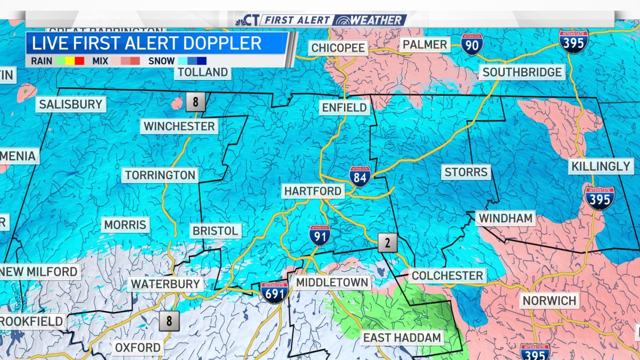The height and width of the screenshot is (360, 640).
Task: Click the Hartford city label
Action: (313, 191)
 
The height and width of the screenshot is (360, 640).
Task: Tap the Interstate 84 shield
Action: (361, 176)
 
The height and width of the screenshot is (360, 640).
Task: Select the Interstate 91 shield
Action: (319, 235)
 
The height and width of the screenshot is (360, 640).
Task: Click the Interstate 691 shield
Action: (275, 293)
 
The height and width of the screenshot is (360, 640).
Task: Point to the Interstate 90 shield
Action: (473, 44)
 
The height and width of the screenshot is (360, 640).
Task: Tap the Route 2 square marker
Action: (388, 243)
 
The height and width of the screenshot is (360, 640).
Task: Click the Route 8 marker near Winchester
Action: (195, 102)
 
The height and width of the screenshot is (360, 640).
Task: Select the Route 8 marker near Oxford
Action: (170, 321)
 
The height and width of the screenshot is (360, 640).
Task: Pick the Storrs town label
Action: (466, 172)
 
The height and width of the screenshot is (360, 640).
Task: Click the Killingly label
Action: (601, 166)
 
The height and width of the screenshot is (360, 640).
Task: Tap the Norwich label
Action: (549, 301)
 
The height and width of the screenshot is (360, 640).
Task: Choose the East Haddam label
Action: (402, 338)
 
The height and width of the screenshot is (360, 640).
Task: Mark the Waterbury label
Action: (165, 284)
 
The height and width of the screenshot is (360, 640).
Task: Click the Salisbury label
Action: (70, 104)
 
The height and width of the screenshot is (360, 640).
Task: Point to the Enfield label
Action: (345, 108)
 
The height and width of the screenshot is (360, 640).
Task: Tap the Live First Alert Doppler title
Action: (147, 43)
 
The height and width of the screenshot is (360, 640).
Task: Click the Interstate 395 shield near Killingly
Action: (600, 197)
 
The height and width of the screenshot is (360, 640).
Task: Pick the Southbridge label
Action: (522, 72)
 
